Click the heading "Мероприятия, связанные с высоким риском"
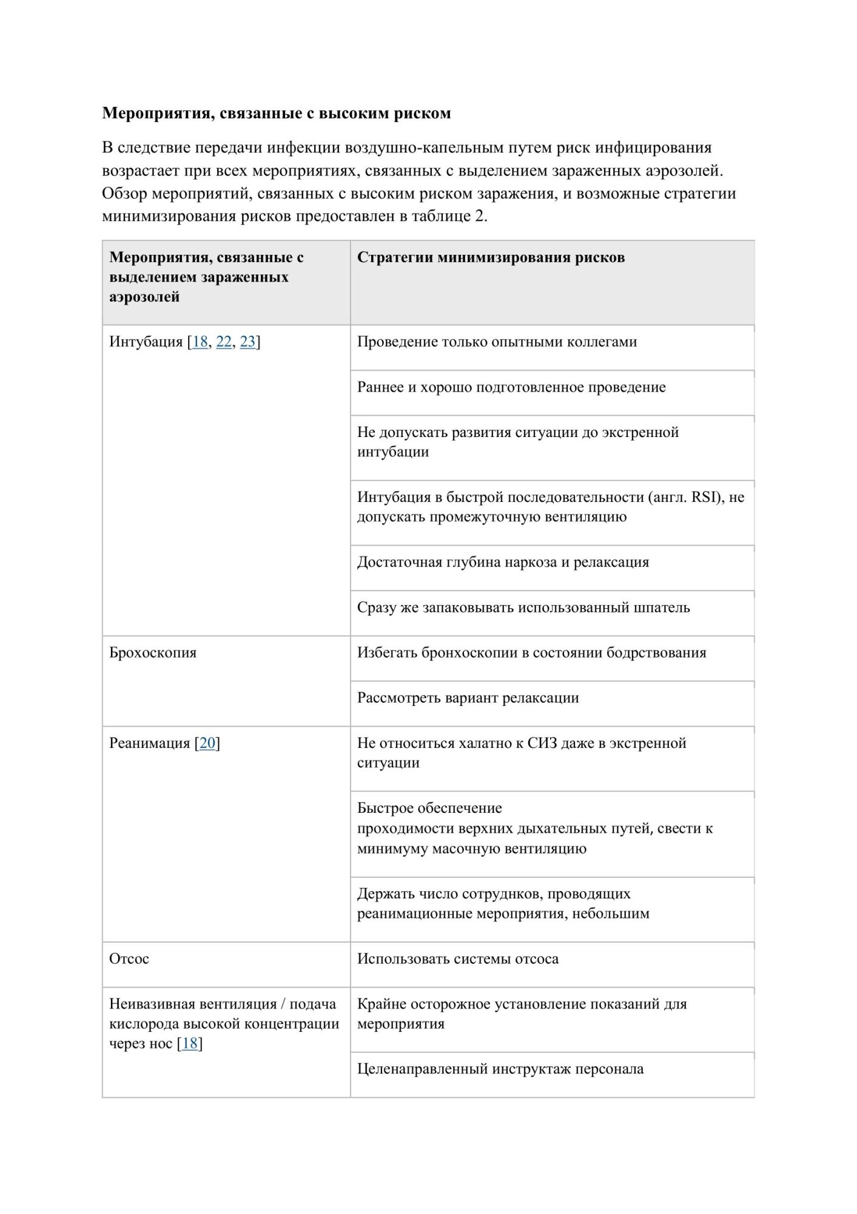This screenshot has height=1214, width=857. [276, 114]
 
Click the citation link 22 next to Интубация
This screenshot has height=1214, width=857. [224, 342]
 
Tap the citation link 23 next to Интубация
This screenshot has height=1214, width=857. [247, 342]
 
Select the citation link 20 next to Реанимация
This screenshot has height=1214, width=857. [207, 743]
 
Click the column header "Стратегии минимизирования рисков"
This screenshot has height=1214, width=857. [491, 257]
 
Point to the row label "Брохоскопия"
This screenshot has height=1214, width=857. [153, 653]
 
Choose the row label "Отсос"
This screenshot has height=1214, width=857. [129, 958]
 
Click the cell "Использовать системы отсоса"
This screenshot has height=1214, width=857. [457, 958]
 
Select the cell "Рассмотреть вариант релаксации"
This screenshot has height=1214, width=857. [468, 698]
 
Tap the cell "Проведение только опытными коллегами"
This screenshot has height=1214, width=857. [497, 342]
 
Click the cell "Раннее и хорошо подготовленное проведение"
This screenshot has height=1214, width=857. [511, 387]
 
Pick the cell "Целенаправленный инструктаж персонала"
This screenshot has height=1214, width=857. [500, 1068]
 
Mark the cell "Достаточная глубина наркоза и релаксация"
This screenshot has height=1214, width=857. [503, 562]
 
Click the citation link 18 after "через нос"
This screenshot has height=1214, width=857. [190, 1043]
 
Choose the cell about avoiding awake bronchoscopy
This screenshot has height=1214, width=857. [531, 653]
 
